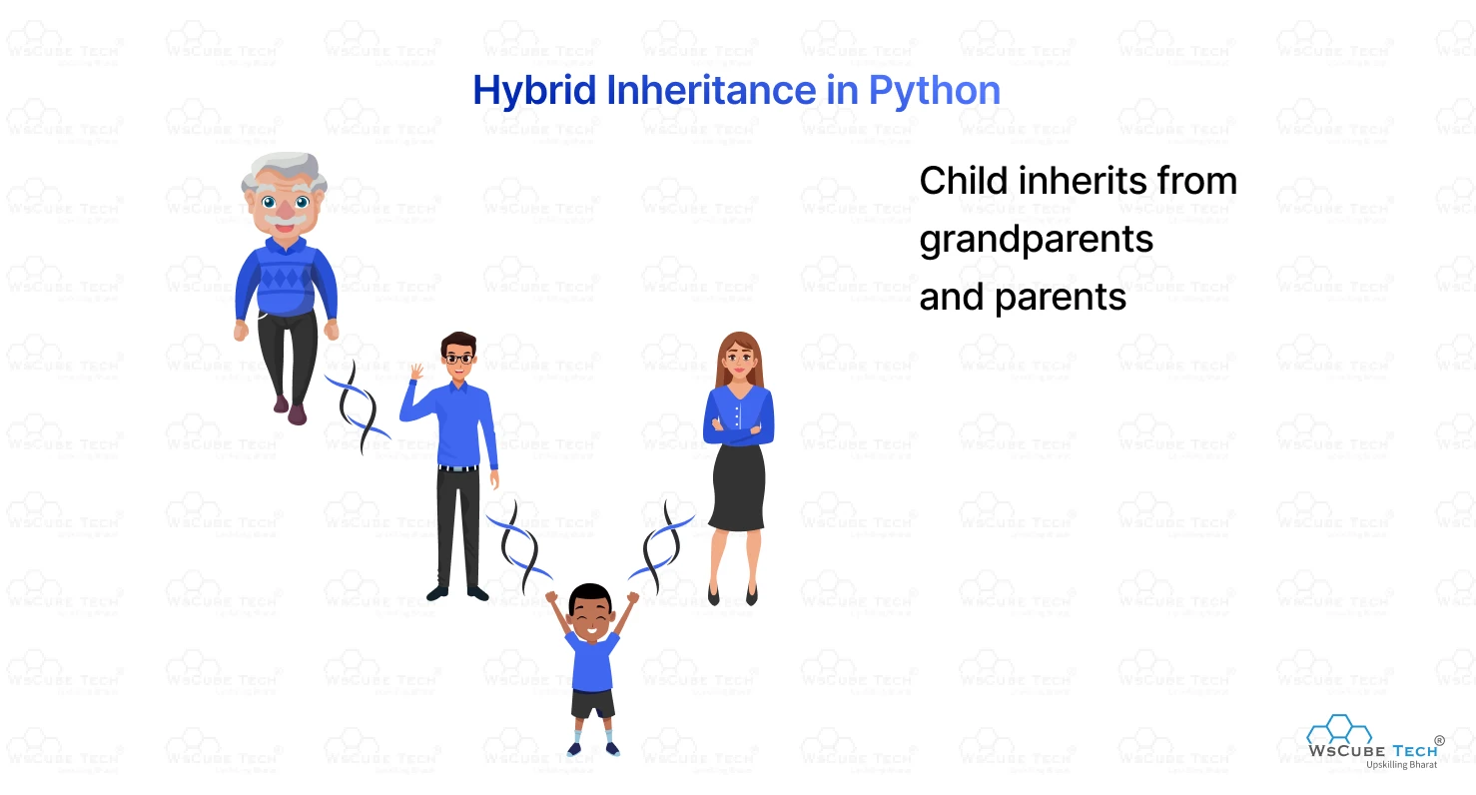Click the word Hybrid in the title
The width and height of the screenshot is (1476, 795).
click(534, 91)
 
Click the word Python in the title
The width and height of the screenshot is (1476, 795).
click(935, 91)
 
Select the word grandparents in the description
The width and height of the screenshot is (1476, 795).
click(1036, 240)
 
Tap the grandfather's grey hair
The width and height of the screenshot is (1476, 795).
click(285, 172)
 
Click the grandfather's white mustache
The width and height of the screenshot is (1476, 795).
click(284, 217)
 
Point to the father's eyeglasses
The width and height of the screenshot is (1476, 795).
click(458, 360)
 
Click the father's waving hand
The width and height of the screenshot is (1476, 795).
click(416, 372)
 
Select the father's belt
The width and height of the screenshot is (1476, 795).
click(458, 468)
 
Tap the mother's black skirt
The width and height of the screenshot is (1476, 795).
click(738, 487)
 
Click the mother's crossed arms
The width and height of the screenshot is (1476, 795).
click(738, 430)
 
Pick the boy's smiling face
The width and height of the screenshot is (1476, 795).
click(591, 617)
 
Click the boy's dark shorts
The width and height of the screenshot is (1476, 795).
click(592, 704)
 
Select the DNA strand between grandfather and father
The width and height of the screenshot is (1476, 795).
click(358, 407)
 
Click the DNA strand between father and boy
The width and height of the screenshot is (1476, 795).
click(519, 547)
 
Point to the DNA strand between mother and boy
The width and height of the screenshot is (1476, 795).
click(661, 547)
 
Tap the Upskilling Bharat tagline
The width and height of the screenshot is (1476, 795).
click(1401, 765)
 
